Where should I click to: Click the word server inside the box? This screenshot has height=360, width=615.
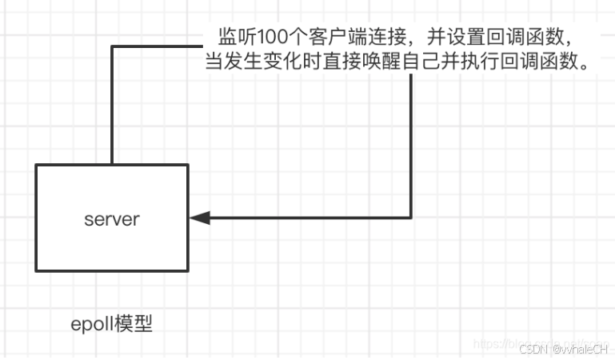(x=111, y=218)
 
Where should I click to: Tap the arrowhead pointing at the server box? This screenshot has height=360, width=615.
(x=200, y=217)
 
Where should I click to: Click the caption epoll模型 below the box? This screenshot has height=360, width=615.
(x=111, y=326)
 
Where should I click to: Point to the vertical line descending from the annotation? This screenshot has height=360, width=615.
(x=411, y=144)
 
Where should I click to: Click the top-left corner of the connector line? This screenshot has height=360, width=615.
(x=112, y=46)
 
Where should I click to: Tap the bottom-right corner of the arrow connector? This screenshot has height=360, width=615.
(x=411, y=217)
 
